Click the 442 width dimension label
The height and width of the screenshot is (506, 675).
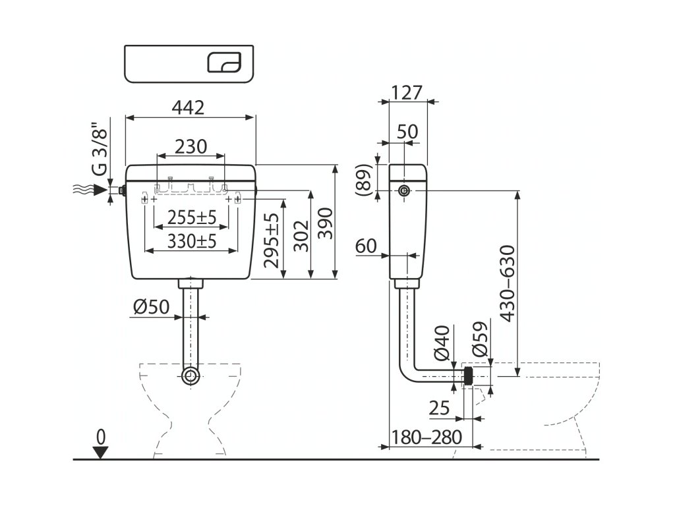(189, 107)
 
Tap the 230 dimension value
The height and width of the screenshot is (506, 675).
(190, 146)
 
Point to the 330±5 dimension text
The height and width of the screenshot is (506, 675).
(191, 241)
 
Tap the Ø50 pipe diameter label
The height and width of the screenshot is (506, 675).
(151, 306)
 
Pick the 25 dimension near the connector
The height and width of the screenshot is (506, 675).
(438, 408)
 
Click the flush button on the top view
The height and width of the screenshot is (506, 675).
(226, 63)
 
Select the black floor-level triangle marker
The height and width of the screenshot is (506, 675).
(100, 451)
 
